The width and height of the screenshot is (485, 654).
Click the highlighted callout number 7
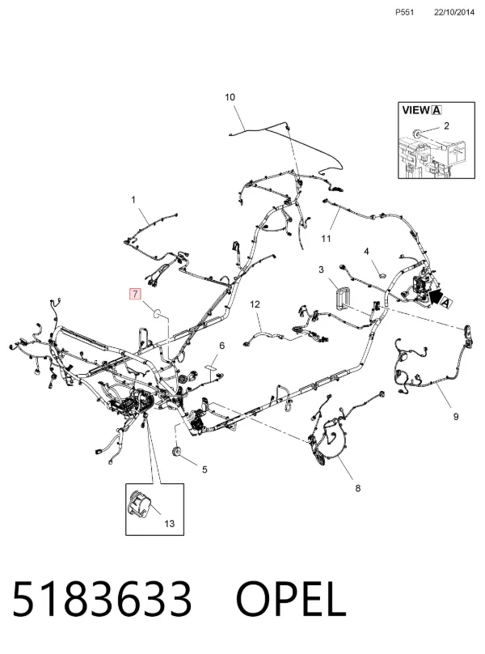pos(136,294)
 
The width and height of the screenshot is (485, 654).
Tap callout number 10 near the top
pos(230,97)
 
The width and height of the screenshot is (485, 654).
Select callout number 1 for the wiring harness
pos(133,200)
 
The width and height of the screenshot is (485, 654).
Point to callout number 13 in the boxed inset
pos(169,524)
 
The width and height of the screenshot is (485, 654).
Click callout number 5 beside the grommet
pos(205,469)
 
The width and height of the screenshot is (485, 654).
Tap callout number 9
pos(456,416)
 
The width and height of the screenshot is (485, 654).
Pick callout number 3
pos(321,270)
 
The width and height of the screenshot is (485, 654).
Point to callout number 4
pos(366,251)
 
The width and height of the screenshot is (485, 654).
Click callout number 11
pos(327,239)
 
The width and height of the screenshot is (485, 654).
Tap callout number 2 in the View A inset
pos(446,125)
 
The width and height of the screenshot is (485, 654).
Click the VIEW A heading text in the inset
pos(422,110)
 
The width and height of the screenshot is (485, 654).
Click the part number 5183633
pos(102,599)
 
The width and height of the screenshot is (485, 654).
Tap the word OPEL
pos(291,599)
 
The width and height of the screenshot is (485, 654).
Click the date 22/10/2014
pos(454,12)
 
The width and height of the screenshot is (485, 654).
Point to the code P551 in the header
pos(405,12)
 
